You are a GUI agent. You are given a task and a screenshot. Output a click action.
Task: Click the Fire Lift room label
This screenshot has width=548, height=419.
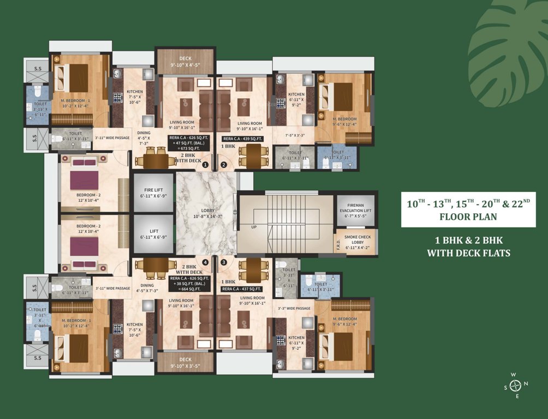tap(152, 191)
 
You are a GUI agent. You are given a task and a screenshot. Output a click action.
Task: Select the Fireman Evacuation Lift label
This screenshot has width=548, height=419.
tap(355, 207)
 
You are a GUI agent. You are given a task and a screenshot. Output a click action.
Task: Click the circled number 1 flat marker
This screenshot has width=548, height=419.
tap(206, 164)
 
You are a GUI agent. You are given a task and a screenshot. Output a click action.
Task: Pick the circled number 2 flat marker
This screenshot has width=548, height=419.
tap(223, 164)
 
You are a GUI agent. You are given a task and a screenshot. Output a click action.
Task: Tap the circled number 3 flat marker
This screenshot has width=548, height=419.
tap(223, 262)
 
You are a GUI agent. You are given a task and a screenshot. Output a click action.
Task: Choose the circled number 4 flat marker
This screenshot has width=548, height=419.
tap(206, 262)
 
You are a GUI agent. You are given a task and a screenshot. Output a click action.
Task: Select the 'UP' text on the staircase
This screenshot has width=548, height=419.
tap(254, 227)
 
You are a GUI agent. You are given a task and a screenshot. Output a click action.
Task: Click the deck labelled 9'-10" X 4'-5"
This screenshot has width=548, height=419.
tap(186, 63)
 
